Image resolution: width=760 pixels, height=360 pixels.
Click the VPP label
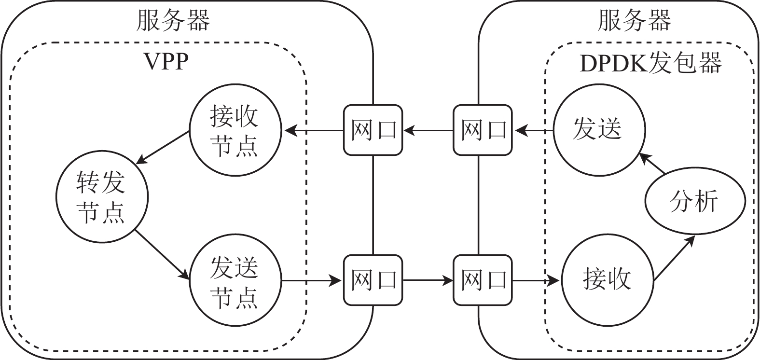tap(166, 62)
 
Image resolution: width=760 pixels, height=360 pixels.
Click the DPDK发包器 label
tap(650, 62)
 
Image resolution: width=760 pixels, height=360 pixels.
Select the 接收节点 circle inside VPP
tap(235, 130)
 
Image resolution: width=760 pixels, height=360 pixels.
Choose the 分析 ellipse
tap(695, 201)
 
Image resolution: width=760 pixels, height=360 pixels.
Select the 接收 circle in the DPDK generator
tap(608, 279)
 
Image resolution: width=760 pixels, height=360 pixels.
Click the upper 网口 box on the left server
tap(373, 130)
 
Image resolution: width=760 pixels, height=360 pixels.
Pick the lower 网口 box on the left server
tap(373, 280)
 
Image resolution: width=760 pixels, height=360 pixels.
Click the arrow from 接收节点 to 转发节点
tap(163, 147)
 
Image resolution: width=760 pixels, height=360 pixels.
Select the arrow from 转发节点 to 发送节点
tap(162, 254)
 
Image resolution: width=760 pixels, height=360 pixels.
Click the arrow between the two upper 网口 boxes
tap(428, 130)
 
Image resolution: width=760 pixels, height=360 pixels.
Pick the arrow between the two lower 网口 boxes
tap(428, 280)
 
